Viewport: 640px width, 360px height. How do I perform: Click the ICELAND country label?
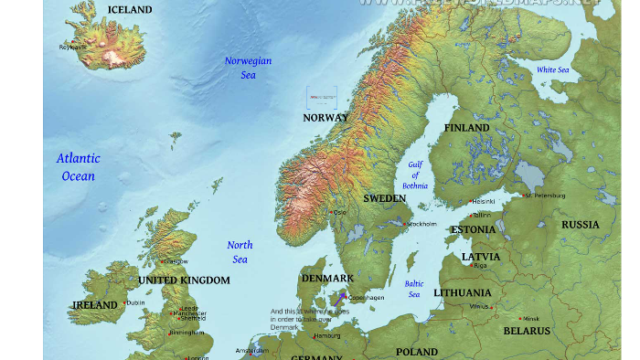pyautogui.click(x=130, y=10)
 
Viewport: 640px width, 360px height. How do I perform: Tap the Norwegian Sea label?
pyautogui.click(x=249, y=68)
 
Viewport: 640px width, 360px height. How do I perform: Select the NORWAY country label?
pyautogui.click(x=325, y=118)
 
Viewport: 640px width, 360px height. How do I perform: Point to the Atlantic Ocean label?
pyautogui.click(x=79, y=167)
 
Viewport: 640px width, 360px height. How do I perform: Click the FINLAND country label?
pyautogui.click(x=467, y=128)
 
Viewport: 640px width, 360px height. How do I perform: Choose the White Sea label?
pyautogui.click(x=552, y=70)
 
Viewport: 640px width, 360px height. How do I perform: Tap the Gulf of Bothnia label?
pyautogui.click(x=415, y=175)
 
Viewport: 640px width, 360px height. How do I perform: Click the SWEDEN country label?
pyautogui.click(x=385, y=198)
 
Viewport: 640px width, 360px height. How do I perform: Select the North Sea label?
pyautogui.click(x=240, y=252)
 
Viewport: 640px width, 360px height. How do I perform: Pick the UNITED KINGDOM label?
pyautogui.click(x=184, y=280)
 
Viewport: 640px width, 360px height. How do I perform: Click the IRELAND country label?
pyautogui.click(x=95, y=304)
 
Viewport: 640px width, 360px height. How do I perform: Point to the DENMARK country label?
pyautogui.click(x=327, y=278)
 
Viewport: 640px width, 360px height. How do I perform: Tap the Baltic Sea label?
pyautogui.click(x=414, y=289)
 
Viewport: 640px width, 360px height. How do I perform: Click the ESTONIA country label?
pyautogui.click(x=474, y=229)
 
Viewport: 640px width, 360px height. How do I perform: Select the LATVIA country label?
pyautogui.click(x=481, y=257)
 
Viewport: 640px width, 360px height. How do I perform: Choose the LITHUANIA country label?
pyautogui.click(x=462, y=293)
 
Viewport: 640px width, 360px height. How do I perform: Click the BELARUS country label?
pyautogui.click(x=527, y=331)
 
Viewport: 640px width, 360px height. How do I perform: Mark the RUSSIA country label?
pyautogui.click(x=581, y=225)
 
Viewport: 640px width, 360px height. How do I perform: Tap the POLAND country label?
pyautogui.click(x=417, y=352)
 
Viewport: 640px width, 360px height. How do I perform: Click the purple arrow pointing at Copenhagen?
pyautogui.click(x=338, y=299)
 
